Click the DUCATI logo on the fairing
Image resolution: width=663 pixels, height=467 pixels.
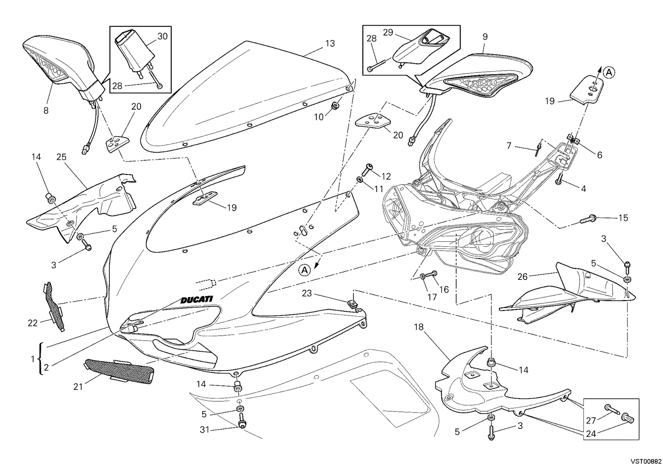pos(196,300)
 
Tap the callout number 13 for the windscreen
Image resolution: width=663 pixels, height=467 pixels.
pos(330,44)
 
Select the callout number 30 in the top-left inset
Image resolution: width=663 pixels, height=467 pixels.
pos(162,36)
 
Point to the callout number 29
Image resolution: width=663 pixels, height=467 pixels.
pos(388,33)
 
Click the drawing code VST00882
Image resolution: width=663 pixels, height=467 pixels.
pos(646,461)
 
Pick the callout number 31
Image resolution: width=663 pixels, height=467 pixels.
pos(205,430)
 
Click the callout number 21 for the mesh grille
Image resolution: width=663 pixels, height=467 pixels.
pos(78,387)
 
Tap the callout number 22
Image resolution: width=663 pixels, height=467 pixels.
pos(33,323)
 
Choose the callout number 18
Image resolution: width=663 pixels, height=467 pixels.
pos(419,327)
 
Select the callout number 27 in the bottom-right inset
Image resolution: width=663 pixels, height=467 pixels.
pos(591,421)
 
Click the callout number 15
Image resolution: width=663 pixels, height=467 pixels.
pos(623,218)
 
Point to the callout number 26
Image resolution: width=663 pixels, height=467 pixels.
pos(523,277)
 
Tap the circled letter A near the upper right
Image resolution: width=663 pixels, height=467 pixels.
pos(609,72)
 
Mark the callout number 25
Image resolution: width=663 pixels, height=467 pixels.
pos(61,157)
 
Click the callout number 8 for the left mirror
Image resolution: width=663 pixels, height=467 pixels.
pos(46,111)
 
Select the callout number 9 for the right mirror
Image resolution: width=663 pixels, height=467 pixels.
pos(485,37)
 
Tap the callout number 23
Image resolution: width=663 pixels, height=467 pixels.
pos(307,294)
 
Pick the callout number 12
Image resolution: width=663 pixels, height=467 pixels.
pos(386,176)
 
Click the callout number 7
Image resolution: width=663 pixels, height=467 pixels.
pos(509,145)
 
